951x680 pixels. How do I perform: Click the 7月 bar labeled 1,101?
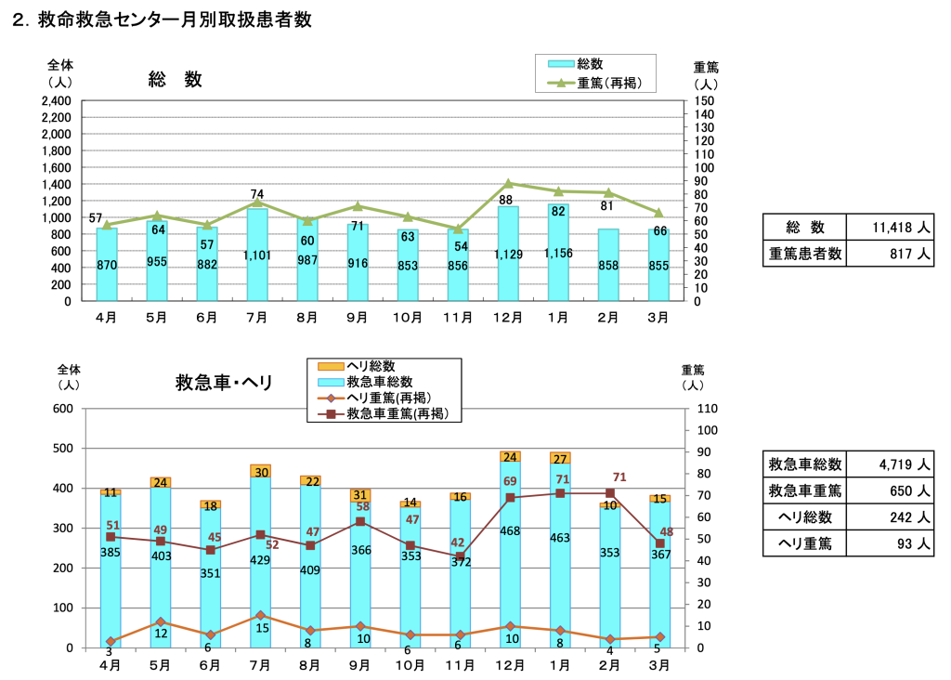pos(257,255)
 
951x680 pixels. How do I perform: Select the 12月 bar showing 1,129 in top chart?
pos(508,254)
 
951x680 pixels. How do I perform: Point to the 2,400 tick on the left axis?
pos(57,101)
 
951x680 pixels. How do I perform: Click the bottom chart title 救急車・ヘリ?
pos(224,382)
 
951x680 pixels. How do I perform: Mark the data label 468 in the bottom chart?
pos(509,531)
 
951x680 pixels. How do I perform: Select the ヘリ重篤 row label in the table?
pos(805,543)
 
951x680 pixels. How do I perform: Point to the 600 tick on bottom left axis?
pos(62,409)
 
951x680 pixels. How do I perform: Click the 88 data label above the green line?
pos(506,200)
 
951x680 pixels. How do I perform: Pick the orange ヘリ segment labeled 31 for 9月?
pos(360,495)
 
